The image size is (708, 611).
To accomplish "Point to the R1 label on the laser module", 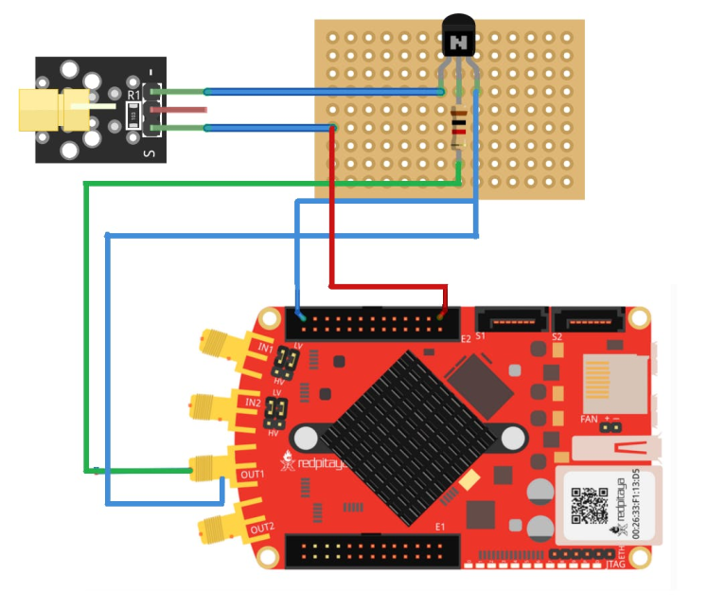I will pyautogui.click(x=133, y=95).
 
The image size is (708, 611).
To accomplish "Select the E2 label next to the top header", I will pyautogui.click(x=465, y=338).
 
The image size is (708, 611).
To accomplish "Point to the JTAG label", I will pyautogui.click(x=616, y=566).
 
